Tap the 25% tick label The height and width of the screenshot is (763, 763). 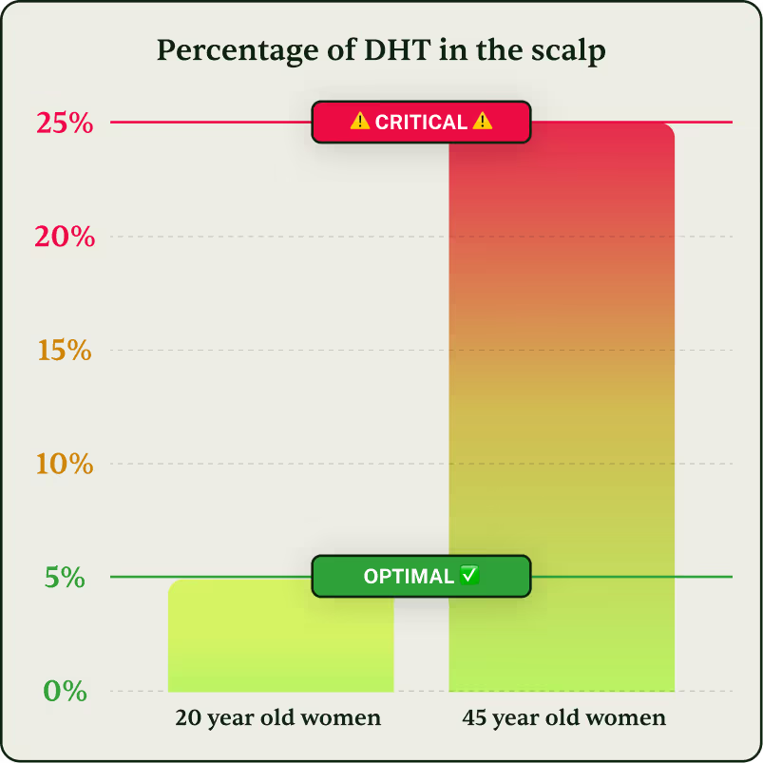click(65, 123)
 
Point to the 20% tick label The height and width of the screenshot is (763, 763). click(65, 237)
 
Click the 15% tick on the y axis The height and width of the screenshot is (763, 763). click(65, 351)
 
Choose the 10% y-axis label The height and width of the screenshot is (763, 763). click(65, 465)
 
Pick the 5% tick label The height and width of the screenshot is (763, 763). click(65, 577)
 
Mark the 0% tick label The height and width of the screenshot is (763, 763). click(65, 691)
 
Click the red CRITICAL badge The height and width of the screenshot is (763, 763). click(420, 122)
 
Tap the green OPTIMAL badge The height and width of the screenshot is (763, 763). click(420, 576)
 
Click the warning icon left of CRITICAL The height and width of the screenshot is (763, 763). click(359, 122)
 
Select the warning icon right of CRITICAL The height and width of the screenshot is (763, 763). click(482, 122)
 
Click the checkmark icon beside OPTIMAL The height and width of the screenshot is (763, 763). click(469, 575)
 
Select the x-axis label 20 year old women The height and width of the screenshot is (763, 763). click(278, 718)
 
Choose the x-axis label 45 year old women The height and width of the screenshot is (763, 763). click(563, 718)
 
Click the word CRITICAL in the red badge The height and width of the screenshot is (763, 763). click(421, 123)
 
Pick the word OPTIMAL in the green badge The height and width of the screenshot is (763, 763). click(409, 577)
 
